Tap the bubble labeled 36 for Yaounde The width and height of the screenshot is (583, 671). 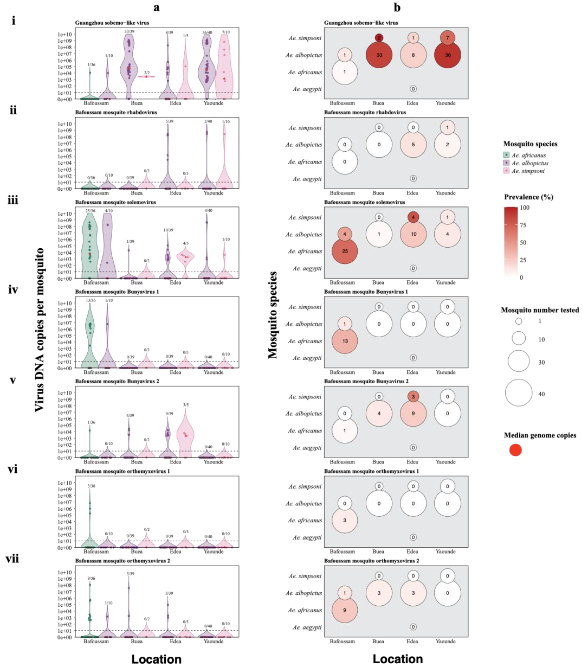point(448,55)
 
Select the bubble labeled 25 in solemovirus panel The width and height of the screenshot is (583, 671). point(345,251)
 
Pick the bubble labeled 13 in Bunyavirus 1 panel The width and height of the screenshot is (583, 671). point(345,341)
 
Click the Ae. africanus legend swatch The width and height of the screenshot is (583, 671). point(506,155)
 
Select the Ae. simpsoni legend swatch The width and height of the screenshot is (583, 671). point(506,171)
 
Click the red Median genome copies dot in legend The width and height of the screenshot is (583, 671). point(515,450)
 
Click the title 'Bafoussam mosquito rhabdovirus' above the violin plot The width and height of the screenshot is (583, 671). point(116,112)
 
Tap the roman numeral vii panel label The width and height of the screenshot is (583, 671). point(12,559)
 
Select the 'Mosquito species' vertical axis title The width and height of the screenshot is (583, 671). point(273,315)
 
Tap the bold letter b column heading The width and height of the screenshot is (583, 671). point(397,7)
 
